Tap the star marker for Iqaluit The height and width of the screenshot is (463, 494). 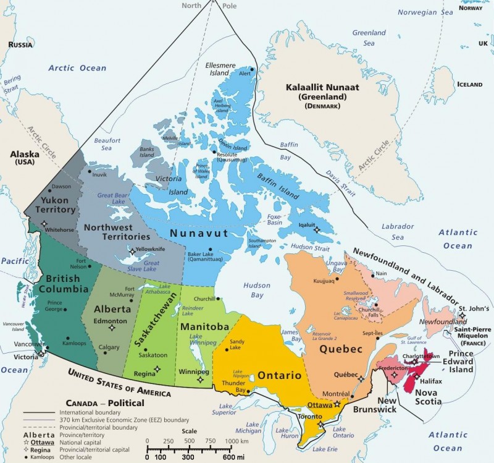317,229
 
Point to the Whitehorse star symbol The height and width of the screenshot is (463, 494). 42,231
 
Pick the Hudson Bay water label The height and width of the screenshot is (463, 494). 256,290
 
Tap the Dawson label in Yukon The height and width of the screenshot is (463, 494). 61,186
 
